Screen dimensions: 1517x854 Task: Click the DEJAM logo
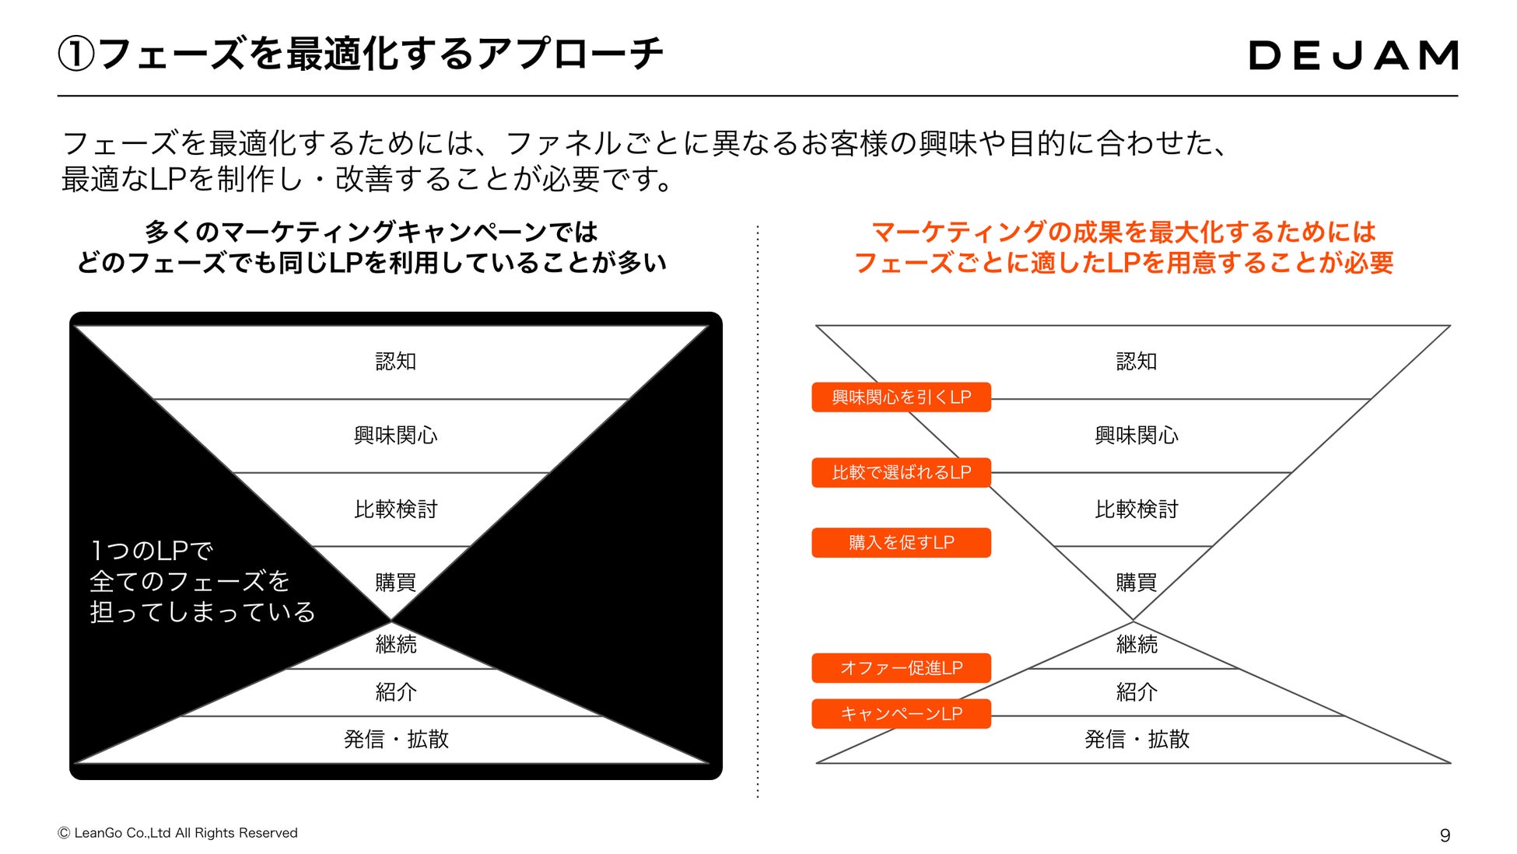[x=1353, y=55]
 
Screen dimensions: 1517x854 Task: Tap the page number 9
[x=1445, y=835]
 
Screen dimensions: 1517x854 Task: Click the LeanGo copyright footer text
[x=178, y=833]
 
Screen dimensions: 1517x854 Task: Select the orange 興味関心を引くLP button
[x=901, y=397]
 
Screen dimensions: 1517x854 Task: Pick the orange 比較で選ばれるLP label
[x=901, y=473]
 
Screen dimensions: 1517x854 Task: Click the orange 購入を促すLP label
[x=901, y=543]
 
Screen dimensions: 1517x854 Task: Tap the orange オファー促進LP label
[x=901, y=668]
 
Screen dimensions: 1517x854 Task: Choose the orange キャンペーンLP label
[x=901, y=714]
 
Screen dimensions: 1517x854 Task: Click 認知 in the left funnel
[x=396, y=362]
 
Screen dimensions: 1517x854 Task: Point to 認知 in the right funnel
[x=1136, y=362]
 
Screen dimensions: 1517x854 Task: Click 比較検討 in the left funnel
[x=396, y=509]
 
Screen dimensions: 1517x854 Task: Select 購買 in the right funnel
[x=1136, y=583]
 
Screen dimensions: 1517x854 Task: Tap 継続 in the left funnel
[x=396, y=644]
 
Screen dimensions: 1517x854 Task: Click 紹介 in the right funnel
[x=1136, y=692]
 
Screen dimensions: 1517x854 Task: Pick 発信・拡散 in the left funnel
[x=396, y=739]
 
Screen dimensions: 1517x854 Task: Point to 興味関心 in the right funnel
[x=1136, y=436]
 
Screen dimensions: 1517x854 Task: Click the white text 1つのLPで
[x=152, y=551]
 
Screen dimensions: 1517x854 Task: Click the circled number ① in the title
[x=76, y=55]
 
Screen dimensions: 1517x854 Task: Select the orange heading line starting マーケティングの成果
[x=1123, y=232]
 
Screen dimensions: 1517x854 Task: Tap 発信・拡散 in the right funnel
[x=1136, y=739]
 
